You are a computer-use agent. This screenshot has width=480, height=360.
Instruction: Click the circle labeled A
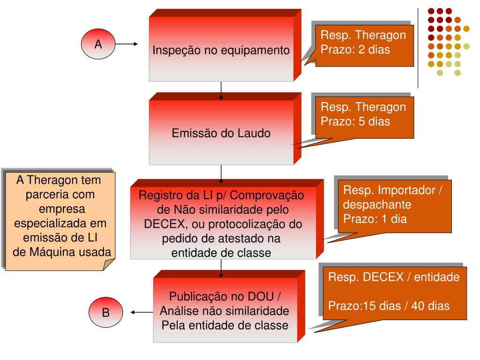click(98, 45)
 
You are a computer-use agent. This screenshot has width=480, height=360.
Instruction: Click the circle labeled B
click(106, 312)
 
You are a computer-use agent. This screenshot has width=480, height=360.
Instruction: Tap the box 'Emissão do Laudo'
click(221, 133)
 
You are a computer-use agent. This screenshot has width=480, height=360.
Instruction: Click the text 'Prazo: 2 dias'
click(355, 49)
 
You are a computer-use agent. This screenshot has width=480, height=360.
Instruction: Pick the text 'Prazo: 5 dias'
click(355, 121)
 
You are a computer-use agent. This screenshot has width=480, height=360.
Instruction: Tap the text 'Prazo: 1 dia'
click(375, 218)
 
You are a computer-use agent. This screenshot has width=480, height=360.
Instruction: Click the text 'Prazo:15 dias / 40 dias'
click(389, 306)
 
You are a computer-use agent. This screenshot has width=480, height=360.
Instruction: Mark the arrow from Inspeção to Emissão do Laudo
click(221, 91)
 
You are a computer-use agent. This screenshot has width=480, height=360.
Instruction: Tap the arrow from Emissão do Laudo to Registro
click(221, 173)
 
